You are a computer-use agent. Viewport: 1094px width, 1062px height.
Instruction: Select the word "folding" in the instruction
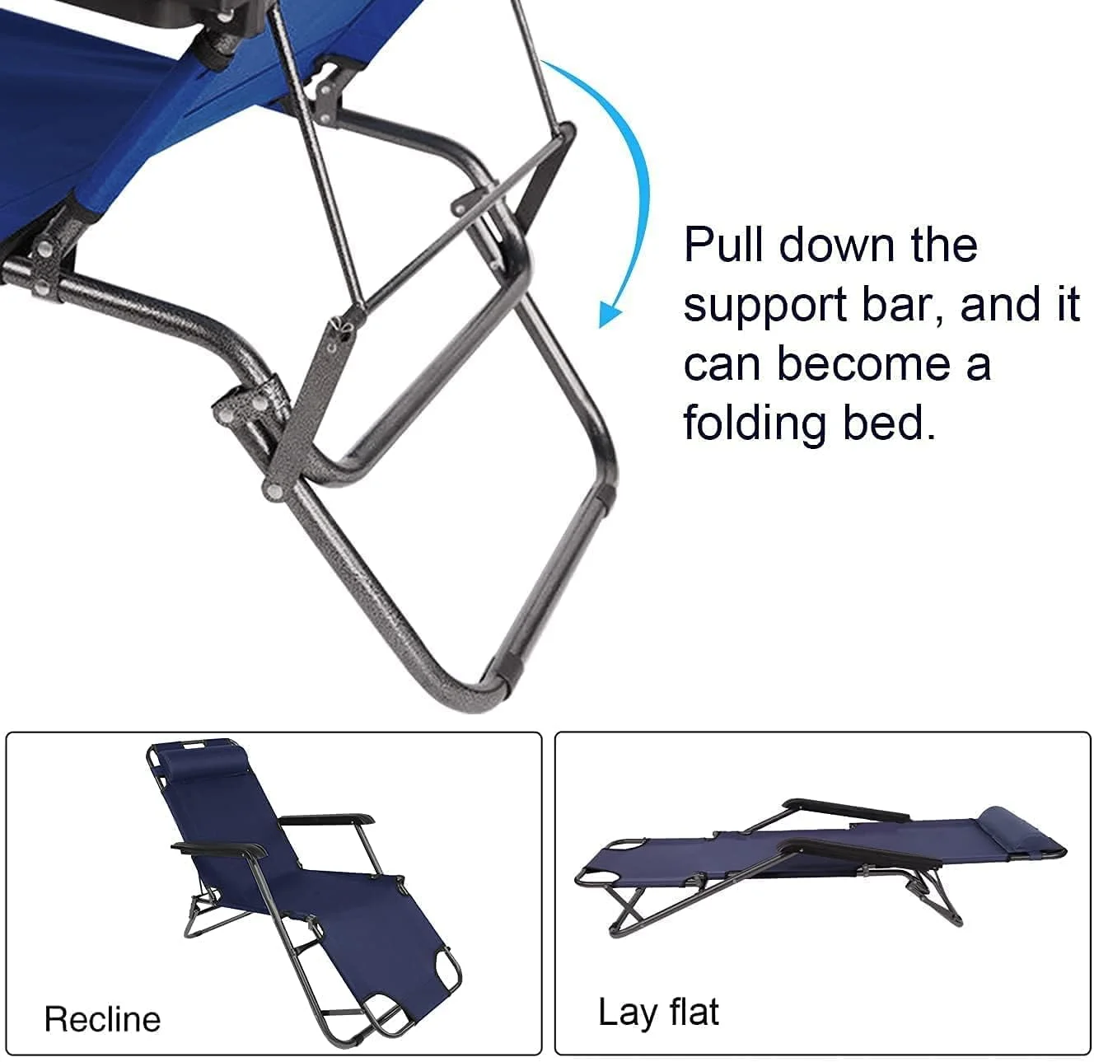tap(755, 423)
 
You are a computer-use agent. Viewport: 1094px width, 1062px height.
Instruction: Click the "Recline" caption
tap(102, 1020)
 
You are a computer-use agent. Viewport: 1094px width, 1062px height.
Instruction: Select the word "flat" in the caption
tap(694, 1012)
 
